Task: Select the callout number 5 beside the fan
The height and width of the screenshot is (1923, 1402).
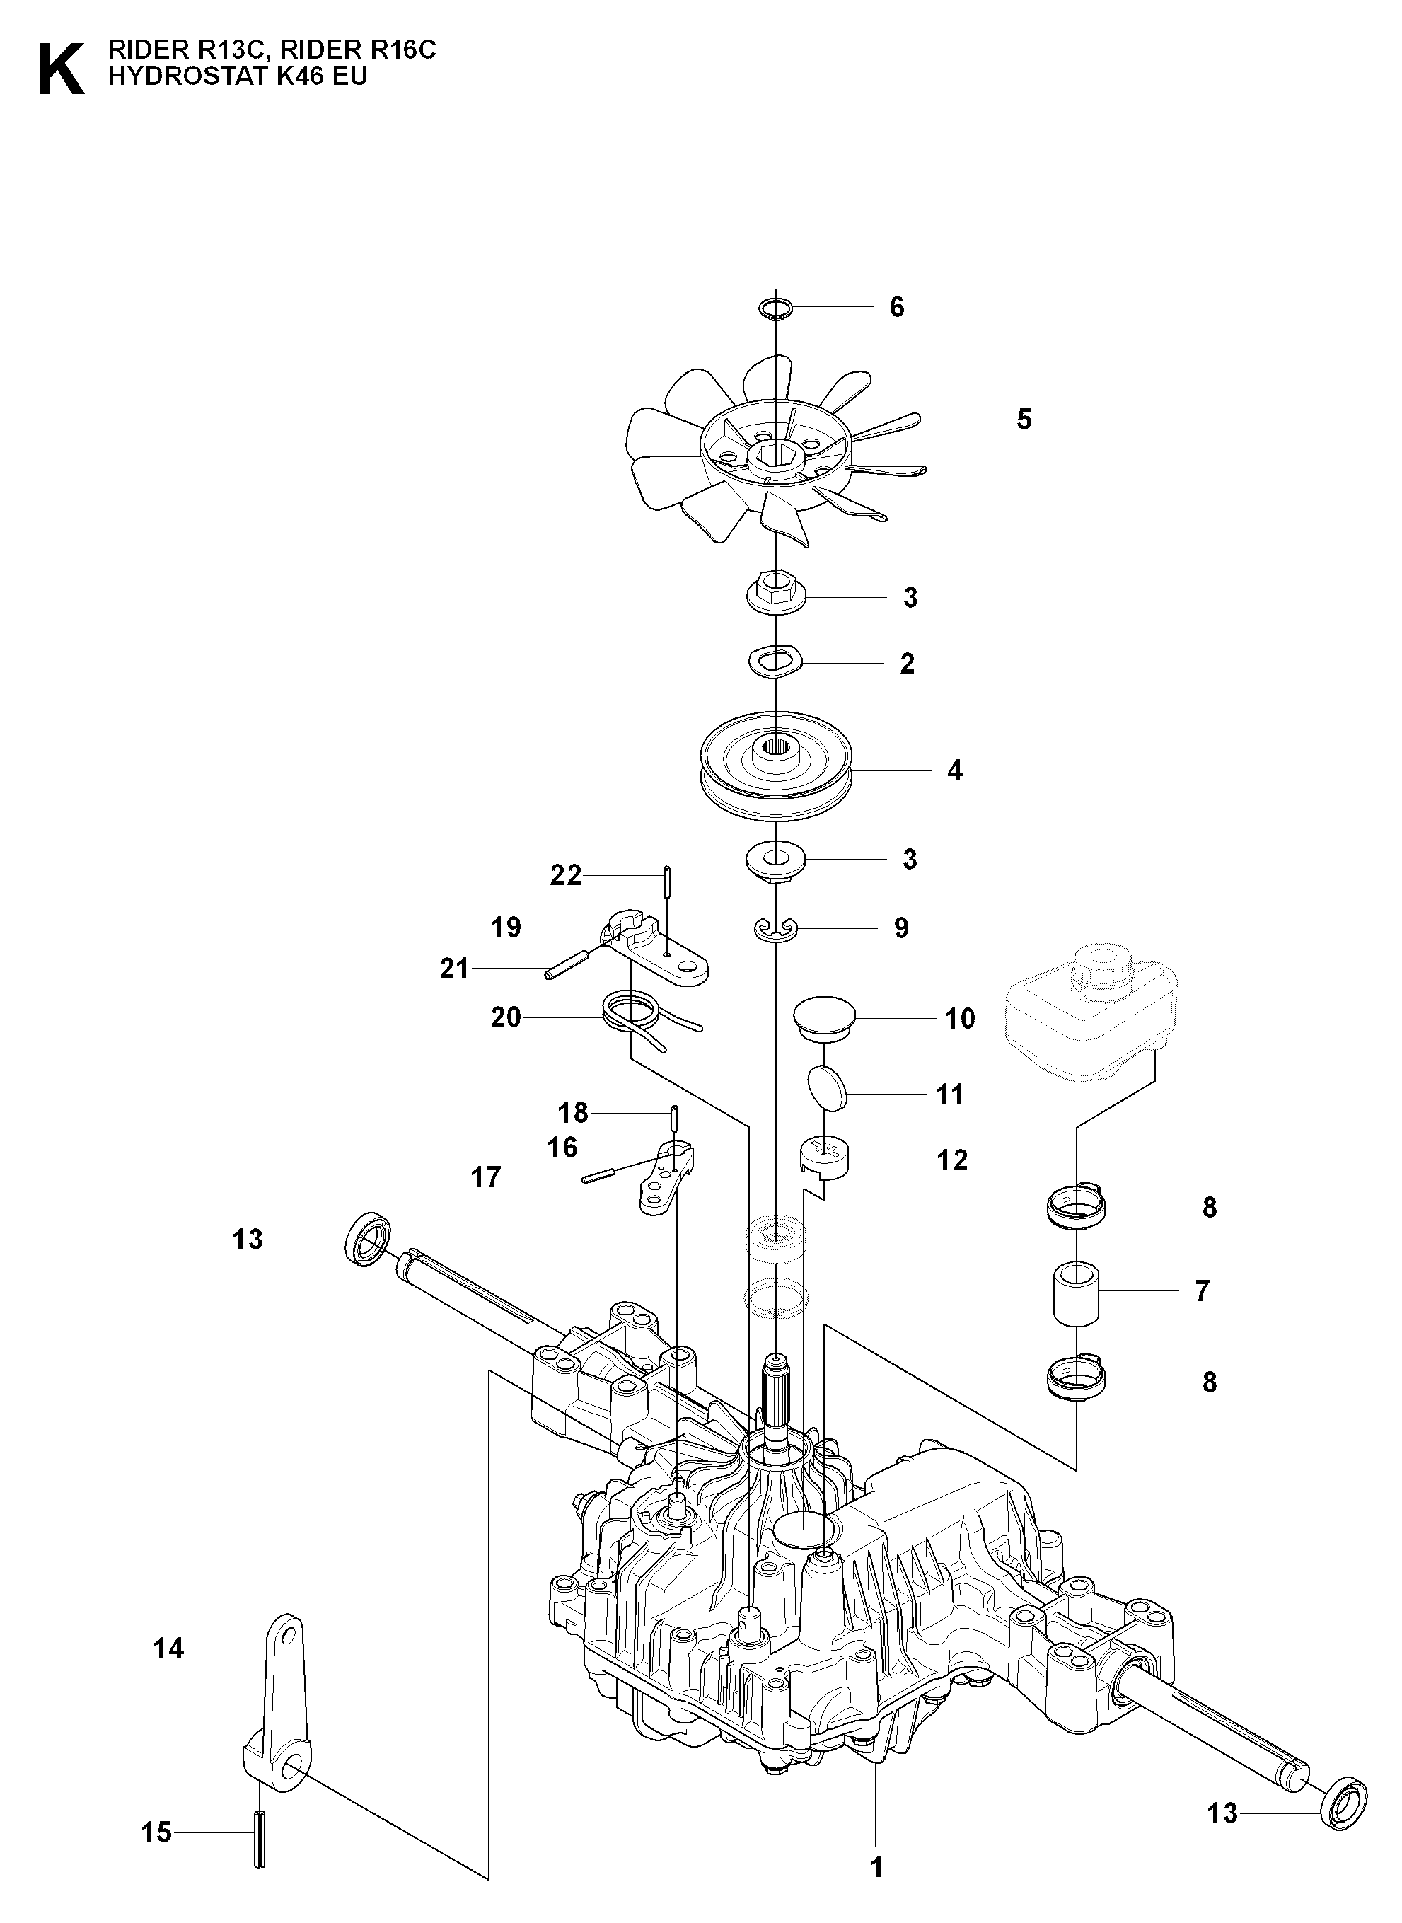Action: tap(1024, 420)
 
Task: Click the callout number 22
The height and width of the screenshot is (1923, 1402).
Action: tap(566, 875)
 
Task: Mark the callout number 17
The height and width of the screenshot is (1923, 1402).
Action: tap(486, 1178)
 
